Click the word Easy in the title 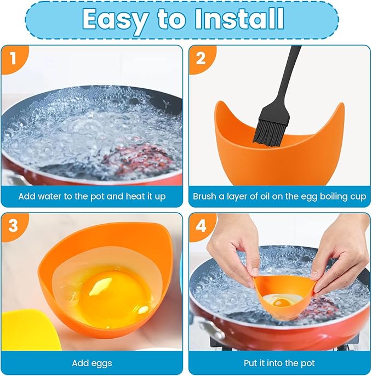tap(113, 19)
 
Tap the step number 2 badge tap(201, 58)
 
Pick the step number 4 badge tap(201, 225)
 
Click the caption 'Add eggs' tap(91, 363)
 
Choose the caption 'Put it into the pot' tap(279, 363)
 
